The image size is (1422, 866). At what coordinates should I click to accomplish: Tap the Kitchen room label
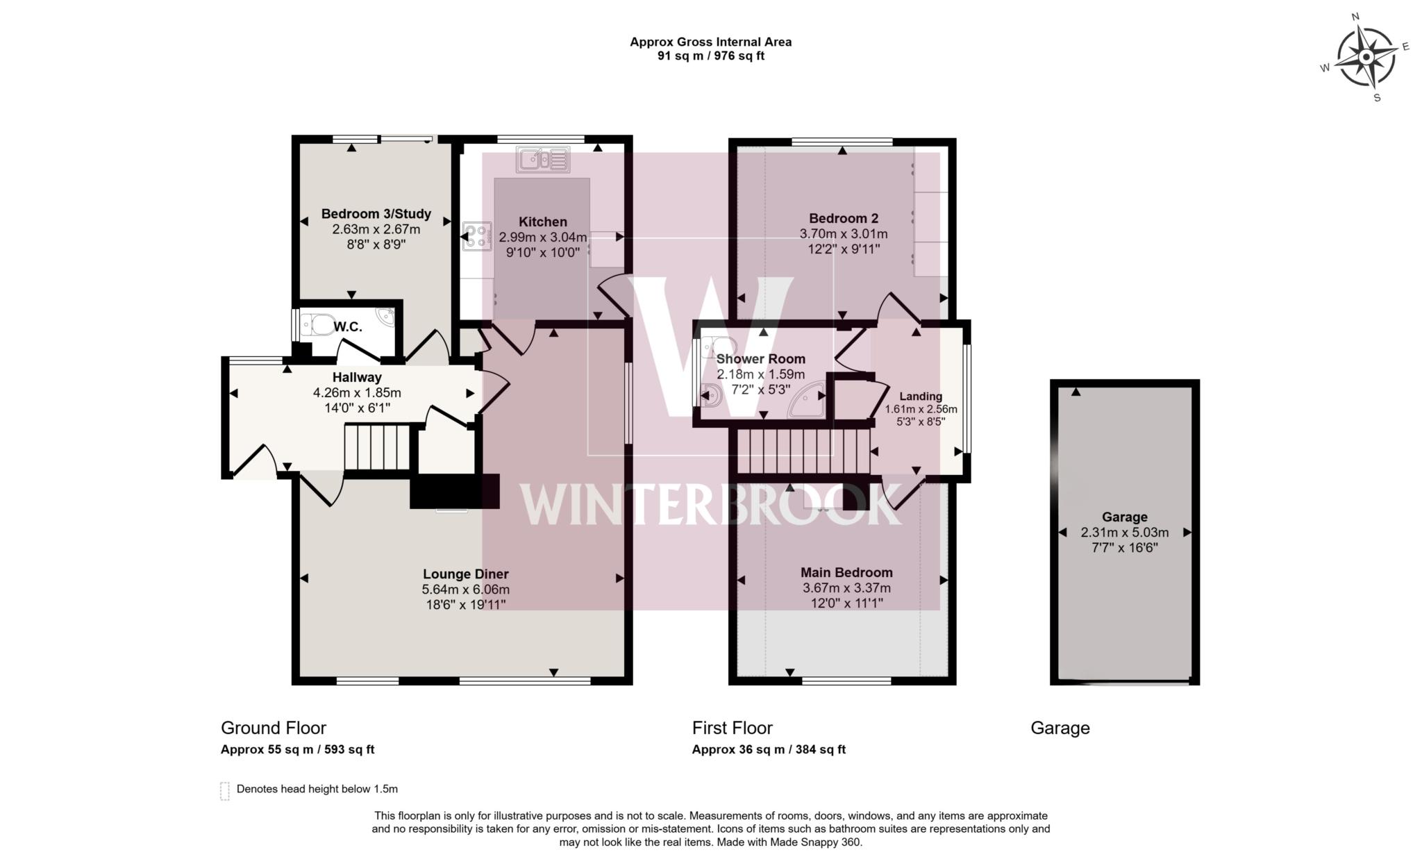[542, 222]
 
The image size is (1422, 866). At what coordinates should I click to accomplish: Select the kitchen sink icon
[543, 159]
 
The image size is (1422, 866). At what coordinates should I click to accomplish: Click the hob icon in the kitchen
[477, 236]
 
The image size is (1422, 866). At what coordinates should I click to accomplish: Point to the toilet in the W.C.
[321, 324]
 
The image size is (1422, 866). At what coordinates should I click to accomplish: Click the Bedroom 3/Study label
[376, 214]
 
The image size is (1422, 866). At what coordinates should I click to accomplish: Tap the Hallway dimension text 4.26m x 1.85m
[357, 392]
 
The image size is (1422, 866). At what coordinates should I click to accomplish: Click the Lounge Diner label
[465, 574]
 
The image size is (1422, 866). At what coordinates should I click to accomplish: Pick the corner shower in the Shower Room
[808, 401]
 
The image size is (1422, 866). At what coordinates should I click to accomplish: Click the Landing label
[921, 397]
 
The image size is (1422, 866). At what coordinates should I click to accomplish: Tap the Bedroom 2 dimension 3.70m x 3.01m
[843, 234]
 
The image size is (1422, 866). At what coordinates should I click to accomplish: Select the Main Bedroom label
[846, 572]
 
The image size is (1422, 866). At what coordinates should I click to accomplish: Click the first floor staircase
[803, 451]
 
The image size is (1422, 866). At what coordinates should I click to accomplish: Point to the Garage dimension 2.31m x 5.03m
[1124, 533]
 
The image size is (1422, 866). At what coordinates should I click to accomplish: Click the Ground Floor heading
[273, 728]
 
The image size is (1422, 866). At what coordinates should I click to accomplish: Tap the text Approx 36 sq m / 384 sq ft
[769, 749]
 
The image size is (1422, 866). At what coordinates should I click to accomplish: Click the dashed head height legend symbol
[224, 791]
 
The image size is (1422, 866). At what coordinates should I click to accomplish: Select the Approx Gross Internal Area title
[710, 42]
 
